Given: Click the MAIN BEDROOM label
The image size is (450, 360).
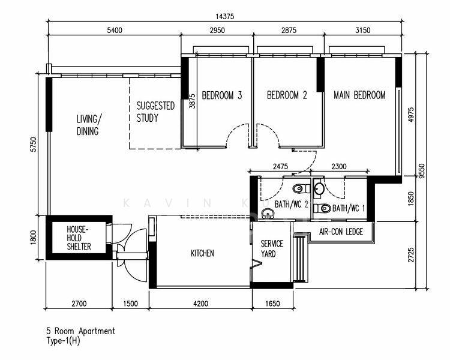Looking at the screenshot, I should [359, 95].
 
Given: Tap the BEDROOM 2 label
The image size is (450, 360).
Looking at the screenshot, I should [287, 95].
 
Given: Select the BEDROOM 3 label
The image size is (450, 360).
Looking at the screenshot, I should [221, 95].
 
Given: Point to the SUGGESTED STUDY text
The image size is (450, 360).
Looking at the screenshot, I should [155, 112].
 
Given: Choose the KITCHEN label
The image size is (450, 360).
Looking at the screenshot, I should [202, 254].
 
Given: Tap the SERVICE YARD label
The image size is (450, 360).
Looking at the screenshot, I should [272, 249].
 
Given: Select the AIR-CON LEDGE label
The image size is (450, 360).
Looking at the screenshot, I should [341, 232].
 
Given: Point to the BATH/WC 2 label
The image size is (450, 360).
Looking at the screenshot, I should [291, 205].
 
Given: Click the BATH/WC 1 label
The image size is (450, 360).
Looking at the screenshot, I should [348, 209].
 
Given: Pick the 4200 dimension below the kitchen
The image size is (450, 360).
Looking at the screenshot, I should [200, 304].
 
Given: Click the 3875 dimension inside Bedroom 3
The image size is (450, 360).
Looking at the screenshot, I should [192, 100].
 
